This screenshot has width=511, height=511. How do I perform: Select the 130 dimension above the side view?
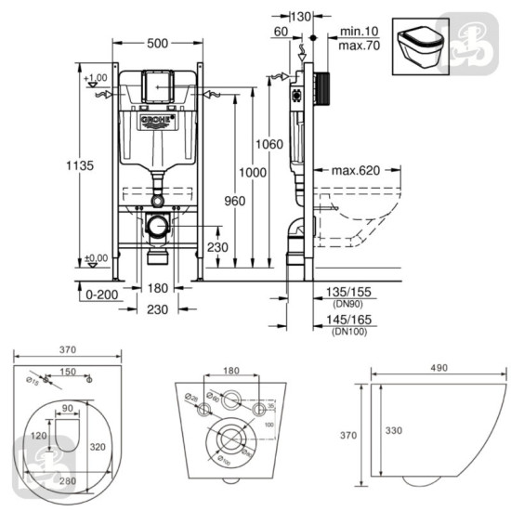(301, 16)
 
